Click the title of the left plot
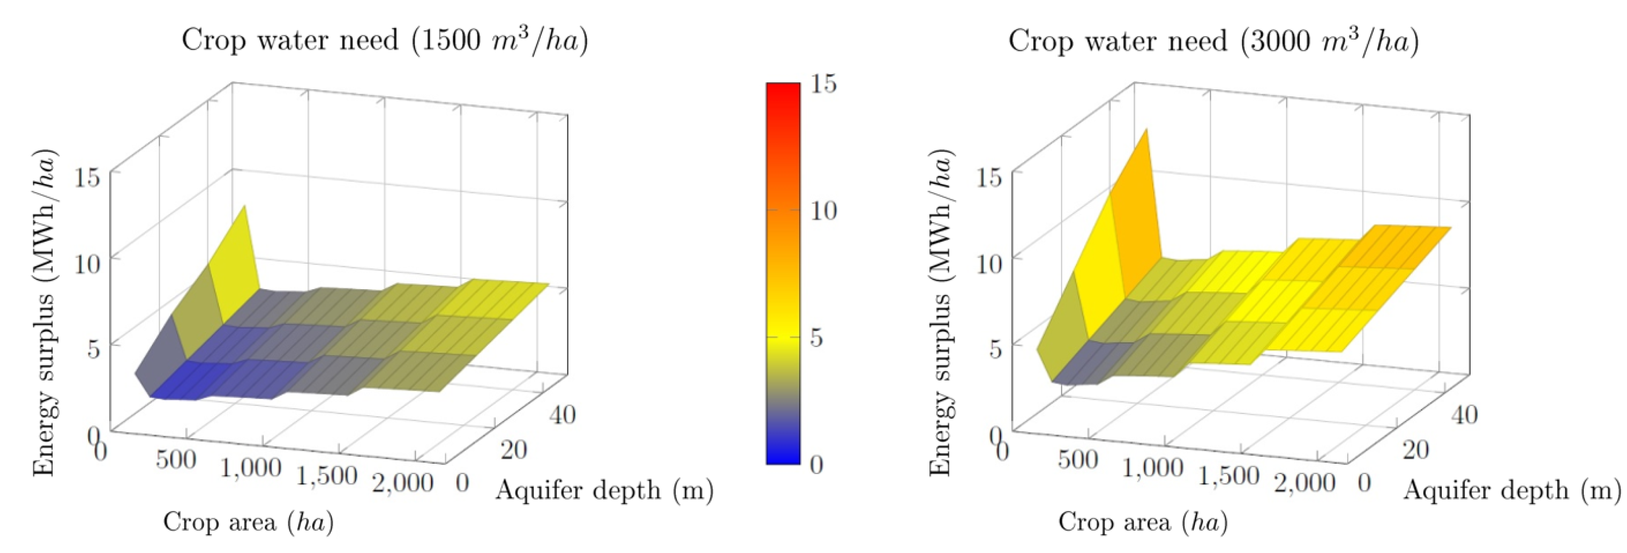tap(385, 41)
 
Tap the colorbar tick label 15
tap(823, 83)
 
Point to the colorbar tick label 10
tap(823, 211)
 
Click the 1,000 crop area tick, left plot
tap(251, 468)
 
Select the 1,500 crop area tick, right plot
tap(1228, 476)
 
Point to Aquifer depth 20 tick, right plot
tap(1415, 450)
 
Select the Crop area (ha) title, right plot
tap(1143, 522)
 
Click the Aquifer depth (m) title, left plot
tap(605, 490)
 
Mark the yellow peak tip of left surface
tap(244, 207)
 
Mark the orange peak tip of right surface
tap(1146, 130)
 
